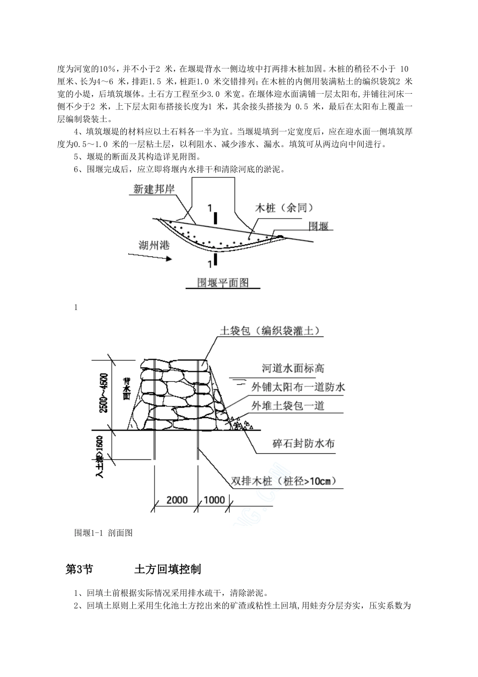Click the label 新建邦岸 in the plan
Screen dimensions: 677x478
click(x=156, y=189)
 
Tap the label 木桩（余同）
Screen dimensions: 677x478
click(x=285, y=208)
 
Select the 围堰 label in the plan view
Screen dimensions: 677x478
click(x=318, y=226)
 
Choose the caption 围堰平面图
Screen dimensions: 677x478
click(x=223, y=283)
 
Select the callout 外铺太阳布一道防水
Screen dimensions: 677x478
click(x=298, y=387)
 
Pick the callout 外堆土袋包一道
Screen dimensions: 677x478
click(x=287, y=405)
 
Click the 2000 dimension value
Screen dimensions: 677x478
click(x=177, y=500)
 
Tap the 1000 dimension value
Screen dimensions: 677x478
click(x=215, y=500)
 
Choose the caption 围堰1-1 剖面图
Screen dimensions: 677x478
click(x=103, y=532)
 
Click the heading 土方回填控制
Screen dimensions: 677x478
click(x=168, y=569)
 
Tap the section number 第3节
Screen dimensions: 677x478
click(x=79, y=569)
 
